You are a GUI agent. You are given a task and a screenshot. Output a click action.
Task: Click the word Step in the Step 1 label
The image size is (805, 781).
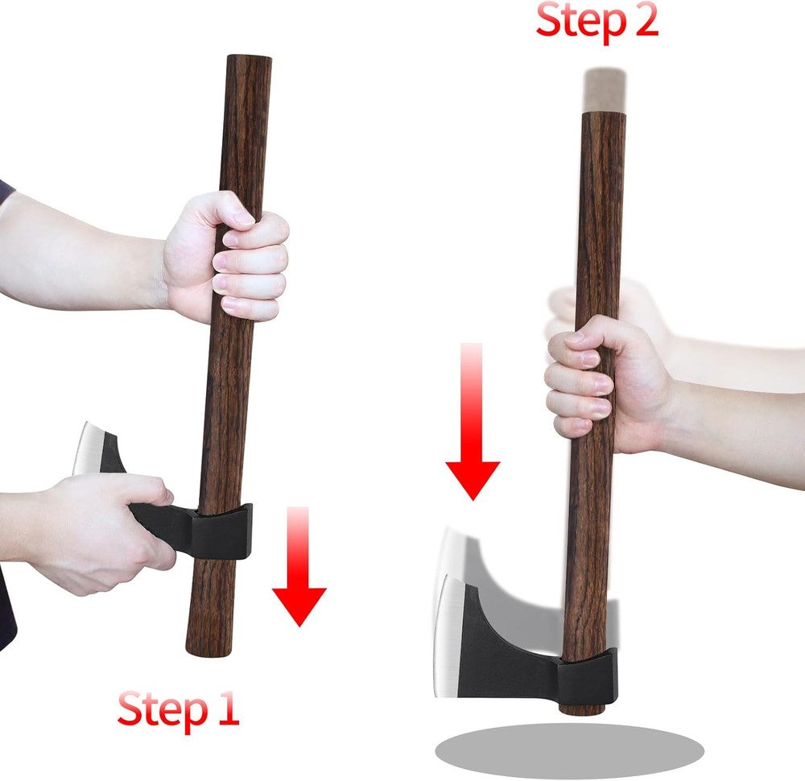pyautogui.click(x=161, y=709)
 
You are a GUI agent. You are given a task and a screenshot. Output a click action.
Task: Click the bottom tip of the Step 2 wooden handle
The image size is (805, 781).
pyautogui.click(x=582, y=709)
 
